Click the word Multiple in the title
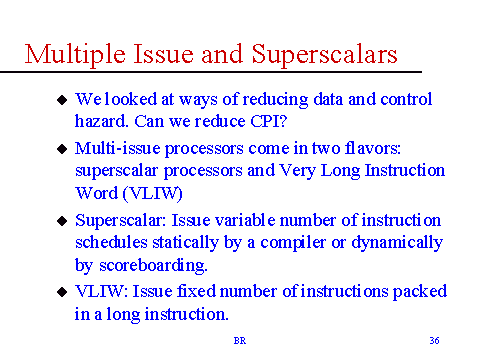75,55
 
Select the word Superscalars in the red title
324,55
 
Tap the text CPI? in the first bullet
268,121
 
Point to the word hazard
101,121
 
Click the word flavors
373,148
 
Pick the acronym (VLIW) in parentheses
153,193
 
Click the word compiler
293,243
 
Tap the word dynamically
397,243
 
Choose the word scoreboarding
153,266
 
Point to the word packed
420,292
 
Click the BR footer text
240,341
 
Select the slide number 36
434,340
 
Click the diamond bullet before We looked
62,100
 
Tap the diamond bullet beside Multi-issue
62,149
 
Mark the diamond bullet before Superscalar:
62,221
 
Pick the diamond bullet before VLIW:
62,292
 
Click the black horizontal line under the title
211,72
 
